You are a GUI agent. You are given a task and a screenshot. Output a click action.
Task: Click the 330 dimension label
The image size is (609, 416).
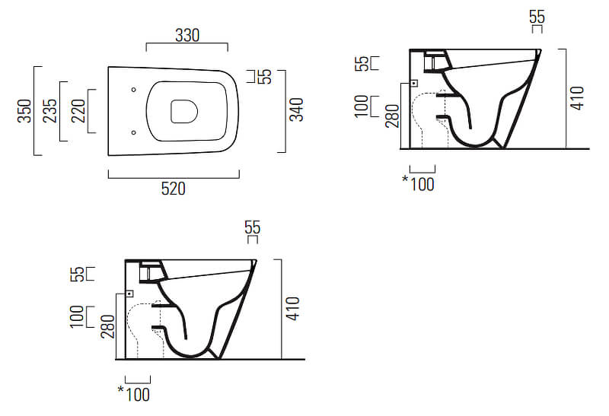(187, 35)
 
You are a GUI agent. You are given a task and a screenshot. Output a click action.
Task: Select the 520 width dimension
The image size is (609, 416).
(174, 189)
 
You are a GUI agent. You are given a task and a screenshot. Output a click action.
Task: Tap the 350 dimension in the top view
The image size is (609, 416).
(24, 111)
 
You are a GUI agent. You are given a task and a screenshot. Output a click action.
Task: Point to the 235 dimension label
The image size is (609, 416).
(49, 111)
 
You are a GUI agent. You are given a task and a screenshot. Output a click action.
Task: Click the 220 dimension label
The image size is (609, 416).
(78, 111)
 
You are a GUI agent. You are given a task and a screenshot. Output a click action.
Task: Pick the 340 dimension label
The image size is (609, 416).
(297, 110)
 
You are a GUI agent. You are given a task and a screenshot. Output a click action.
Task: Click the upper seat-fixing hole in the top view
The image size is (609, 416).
(134, 90)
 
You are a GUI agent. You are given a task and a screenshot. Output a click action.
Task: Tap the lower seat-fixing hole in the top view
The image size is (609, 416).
(134, 133)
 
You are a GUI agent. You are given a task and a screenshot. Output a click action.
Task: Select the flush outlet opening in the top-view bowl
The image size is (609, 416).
(184, 111)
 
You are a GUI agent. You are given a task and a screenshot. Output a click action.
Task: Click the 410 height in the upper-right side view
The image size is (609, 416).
(577, 98)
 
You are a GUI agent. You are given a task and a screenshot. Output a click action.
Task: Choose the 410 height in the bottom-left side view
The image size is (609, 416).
(293, 309)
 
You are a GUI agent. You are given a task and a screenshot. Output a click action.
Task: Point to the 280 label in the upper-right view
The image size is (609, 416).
(392, 116)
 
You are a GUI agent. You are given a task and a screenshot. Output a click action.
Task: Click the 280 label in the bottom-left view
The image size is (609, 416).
(108, 327)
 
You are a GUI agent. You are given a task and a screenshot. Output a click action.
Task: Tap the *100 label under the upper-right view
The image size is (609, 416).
(418, 183)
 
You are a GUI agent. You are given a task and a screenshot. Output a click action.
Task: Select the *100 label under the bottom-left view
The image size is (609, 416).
(134, 394)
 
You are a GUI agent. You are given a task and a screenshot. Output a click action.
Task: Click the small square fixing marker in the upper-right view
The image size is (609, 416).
(414, 84)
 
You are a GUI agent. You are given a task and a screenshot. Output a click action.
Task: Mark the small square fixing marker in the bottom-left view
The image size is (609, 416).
(129, 294)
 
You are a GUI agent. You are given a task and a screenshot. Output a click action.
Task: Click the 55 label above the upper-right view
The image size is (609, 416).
(537, 17)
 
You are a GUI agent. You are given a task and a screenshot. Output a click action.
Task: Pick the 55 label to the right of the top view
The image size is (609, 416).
(265, 77)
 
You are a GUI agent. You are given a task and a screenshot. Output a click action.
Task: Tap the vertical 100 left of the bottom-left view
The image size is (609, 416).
(77, 316)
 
